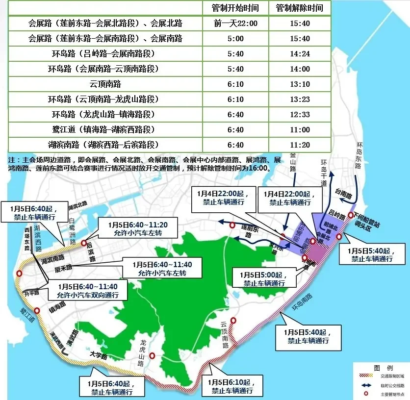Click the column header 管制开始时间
pyautogui.click(x=235, y=8)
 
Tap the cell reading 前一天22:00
pyautogui.click(x=235, y=24)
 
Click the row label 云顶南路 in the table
pyautogui.click(x=105, y=84)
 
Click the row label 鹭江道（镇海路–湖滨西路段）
pyautogui.click(x=105, y=130)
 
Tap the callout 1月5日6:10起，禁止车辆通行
pyautogui.click(x=232, y=386)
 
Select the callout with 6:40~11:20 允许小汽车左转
pyautogui.click(x=133, y=229)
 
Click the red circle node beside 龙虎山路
pyautogui.click(x=152, y=356)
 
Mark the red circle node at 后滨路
pyautogui.click(x=84, y=243)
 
